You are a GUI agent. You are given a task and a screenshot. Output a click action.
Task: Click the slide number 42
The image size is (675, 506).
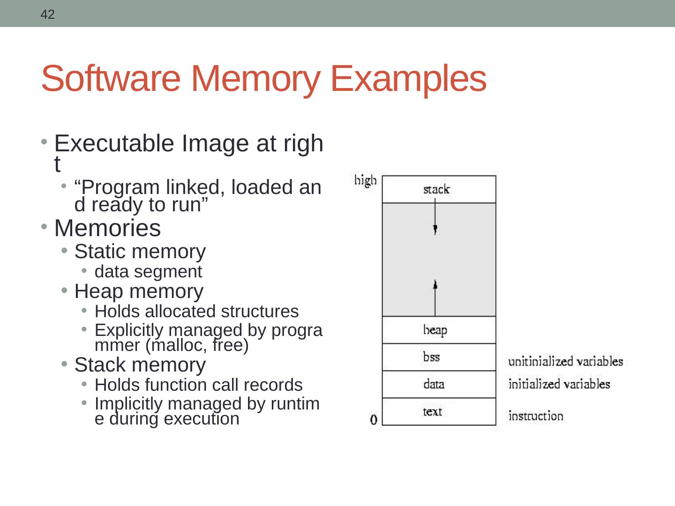pyautogui.click(x=47, y=15)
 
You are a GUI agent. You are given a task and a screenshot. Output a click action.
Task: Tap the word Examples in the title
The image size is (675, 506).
pyautogui.click(x=408, y=78)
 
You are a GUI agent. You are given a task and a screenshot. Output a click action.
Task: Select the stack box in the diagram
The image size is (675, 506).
pyautogui.click(x=439, y=189)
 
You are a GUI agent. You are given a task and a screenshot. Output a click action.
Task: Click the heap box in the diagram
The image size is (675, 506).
pyautogui.click(x=439, y=330)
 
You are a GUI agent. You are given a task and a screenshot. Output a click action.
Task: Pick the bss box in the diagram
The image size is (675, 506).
pyautogui.click(x=439, y=357)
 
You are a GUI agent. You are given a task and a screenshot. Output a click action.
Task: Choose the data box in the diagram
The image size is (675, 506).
pyautogui.click(x=439, y=384)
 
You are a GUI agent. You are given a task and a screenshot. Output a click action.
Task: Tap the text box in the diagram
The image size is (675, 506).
pyautogui.click(x=439, y=411)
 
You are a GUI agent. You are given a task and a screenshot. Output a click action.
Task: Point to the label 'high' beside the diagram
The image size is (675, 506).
pyautogui.click(x=365, y=180)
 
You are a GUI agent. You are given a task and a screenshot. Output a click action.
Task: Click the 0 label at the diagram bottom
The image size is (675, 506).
pyautogui.click(x=374, y=419)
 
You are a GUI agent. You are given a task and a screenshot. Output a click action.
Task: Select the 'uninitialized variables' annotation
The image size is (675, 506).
pyautogui.click(x=565, y=361)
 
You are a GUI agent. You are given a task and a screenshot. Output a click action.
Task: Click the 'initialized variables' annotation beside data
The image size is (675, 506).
pyautogui.click(x=559, y=384)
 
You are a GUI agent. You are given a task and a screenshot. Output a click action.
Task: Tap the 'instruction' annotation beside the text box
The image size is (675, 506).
pyautogui.click(x=535, y=416)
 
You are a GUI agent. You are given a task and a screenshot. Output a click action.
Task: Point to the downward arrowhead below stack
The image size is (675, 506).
pyautogui.click(x=435, y=230)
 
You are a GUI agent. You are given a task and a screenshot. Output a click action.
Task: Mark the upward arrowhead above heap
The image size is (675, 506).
pyautogui.click(x=435, y=284)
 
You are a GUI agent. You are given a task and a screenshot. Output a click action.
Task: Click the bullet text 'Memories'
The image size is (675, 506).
pyautogui.click(x=107, y=229)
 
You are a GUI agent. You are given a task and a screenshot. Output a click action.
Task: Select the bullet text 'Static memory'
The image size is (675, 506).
pyautogui.click(x=140, y=252)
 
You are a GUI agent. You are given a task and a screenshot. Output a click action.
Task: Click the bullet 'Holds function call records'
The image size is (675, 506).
pyautogui.click(x=198, y=385)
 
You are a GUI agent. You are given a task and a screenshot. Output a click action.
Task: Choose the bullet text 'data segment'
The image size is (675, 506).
pyautogui.click(x=148, y=272)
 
